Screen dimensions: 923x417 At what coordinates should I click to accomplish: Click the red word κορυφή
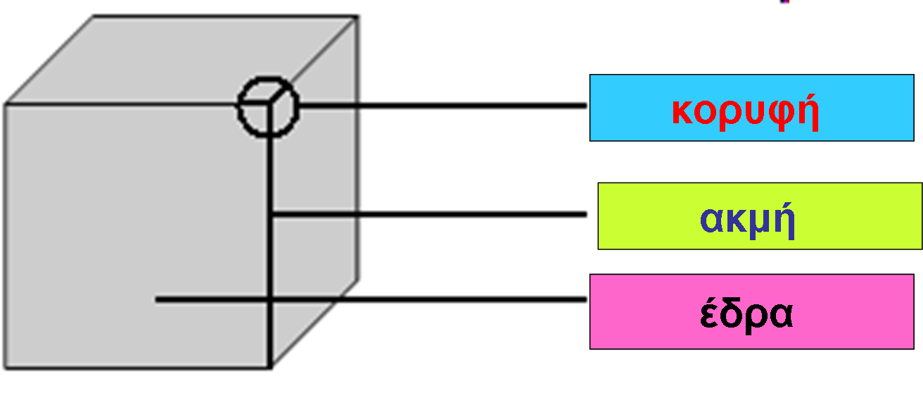(746, 111)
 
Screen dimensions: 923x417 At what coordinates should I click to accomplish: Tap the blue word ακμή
(747, 220)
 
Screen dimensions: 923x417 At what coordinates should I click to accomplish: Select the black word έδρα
(746, 316)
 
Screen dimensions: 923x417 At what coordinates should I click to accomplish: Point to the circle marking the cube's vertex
(268, 106)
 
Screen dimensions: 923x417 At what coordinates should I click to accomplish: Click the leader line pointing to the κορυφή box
(443, 106)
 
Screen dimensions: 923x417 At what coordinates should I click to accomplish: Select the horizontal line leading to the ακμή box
(429, 213)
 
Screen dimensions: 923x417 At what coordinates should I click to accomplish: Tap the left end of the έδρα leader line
(158, 299)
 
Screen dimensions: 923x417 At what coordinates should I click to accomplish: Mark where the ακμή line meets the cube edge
(271, 213)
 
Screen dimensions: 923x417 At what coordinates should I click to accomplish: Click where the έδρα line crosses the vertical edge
(271, 299)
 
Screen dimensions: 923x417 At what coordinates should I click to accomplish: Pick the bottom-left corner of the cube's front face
(7, 366)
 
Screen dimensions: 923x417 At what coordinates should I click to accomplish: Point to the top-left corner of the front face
(7, 105)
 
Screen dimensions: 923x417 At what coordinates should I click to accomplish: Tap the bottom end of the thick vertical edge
(271, 365)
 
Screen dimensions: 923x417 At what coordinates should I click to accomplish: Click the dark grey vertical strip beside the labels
(855, 380)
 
